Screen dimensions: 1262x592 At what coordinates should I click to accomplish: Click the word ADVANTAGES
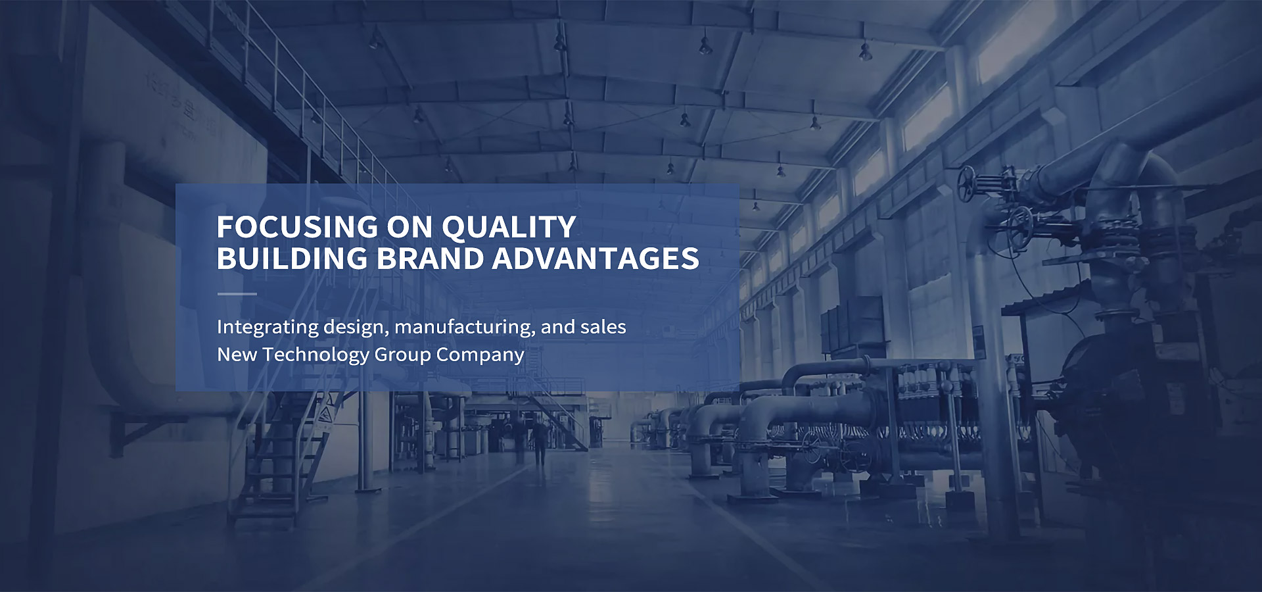596,259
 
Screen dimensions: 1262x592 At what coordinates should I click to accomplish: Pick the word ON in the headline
409,228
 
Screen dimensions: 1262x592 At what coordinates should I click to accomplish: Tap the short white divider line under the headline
237,294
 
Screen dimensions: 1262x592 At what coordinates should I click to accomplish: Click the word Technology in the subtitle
315,355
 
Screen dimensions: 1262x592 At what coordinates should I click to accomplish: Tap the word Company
480,355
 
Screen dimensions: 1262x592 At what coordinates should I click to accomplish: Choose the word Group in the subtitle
402,355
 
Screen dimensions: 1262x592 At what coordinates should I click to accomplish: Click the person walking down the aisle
540,441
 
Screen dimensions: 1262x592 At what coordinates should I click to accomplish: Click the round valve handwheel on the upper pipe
966,184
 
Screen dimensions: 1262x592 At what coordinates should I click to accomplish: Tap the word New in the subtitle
237,355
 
